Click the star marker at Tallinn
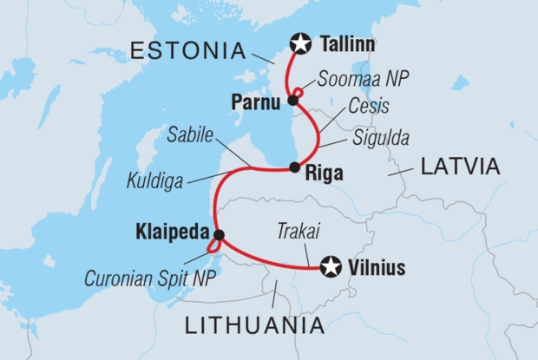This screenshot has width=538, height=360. coord(301,42)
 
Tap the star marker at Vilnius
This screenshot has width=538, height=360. coord(330,268)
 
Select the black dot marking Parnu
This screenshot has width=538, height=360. coord(293,101)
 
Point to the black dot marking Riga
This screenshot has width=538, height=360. coord(295,167)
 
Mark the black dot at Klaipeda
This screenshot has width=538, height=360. coord(219,234)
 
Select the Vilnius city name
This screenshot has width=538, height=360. coord(377,269)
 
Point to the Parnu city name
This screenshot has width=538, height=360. coord(256,102)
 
